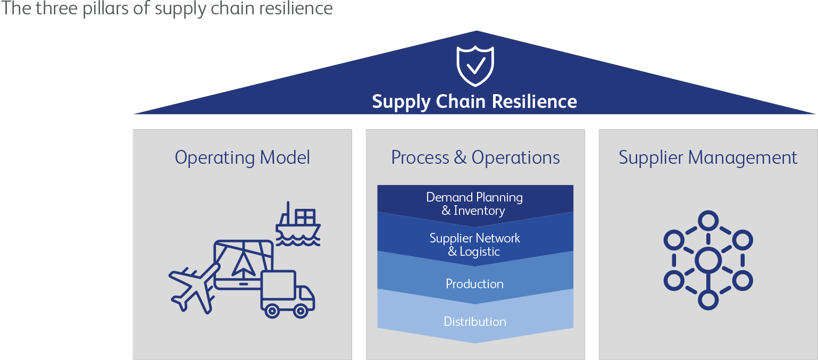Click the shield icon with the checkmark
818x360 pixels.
click(475, 66)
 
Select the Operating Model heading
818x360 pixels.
click(242, 157)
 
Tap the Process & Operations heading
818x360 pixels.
click(475, 157)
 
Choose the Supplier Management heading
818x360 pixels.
click(708, 157)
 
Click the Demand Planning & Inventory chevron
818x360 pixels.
click(475, 204)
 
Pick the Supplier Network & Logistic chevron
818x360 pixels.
click(475, 245)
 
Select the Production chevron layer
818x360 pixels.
click(475, 283)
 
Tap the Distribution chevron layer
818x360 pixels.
click(475, 322)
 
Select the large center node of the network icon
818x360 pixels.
click(708, 260)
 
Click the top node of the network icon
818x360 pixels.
click(708, 220)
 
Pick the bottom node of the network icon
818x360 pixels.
click(708, 300)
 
